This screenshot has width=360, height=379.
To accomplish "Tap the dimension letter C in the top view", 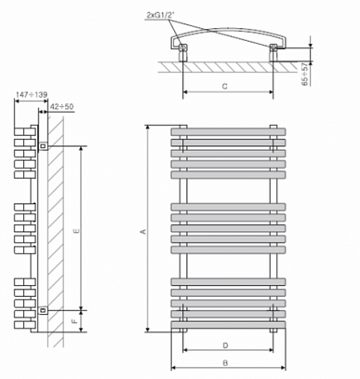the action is click(225, 86).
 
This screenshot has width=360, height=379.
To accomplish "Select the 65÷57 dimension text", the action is click(306, 74).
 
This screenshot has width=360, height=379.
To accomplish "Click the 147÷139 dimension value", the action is click(32, 95).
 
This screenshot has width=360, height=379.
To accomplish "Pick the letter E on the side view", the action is click(77, 231).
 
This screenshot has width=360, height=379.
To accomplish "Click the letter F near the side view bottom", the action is click(74, 321).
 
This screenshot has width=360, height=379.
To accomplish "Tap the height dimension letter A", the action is click(143, 232).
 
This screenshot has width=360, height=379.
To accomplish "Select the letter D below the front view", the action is click(226, 345).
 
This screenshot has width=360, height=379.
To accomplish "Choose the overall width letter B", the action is click(226, 363).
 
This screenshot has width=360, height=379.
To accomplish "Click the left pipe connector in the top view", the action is click(183, 51).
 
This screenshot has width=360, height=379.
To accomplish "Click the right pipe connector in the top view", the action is click(273, 52).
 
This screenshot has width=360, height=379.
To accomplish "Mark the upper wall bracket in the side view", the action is click(44, 145).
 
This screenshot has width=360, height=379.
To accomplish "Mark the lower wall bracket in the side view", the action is click(44, 309).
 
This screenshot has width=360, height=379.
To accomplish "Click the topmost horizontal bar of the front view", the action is click(228, 131).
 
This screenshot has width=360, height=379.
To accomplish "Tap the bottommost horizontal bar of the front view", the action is click(228, 325).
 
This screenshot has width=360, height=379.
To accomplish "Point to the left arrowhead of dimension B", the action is click(174, 368).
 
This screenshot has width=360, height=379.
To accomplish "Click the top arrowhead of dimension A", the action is click(149, 128).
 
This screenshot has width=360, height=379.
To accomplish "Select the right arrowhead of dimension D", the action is click(271, 350).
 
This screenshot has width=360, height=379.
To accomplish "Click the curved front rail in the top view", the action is click(228, 30).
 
